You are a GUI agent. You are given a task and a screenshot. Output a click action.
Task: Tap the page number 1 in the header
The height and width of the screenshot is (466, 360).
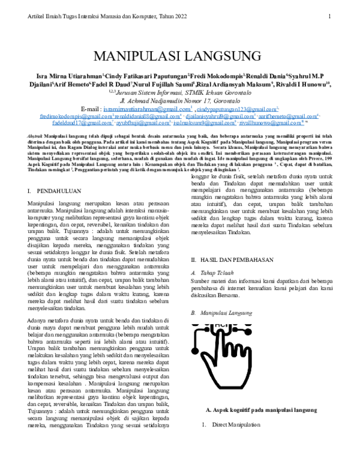[x=329, y=16]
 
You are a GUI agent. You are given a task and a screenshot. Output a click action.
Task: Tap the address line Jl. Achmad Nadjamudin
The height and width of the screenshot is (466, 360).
[x=179, y=101]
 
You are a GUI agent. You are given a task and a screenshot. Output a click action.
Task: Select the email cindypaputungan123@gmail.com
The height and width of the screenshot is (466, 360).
[x=236, y=110]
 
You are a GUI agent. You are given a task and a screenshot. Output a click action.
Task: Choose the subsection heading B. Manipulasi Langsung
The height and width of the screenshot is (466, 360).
[x=226, y=313]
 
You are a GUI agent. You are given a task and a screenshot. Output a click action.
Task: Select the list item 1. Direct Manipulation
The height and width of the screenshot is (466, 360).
[x=231, y=425]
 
